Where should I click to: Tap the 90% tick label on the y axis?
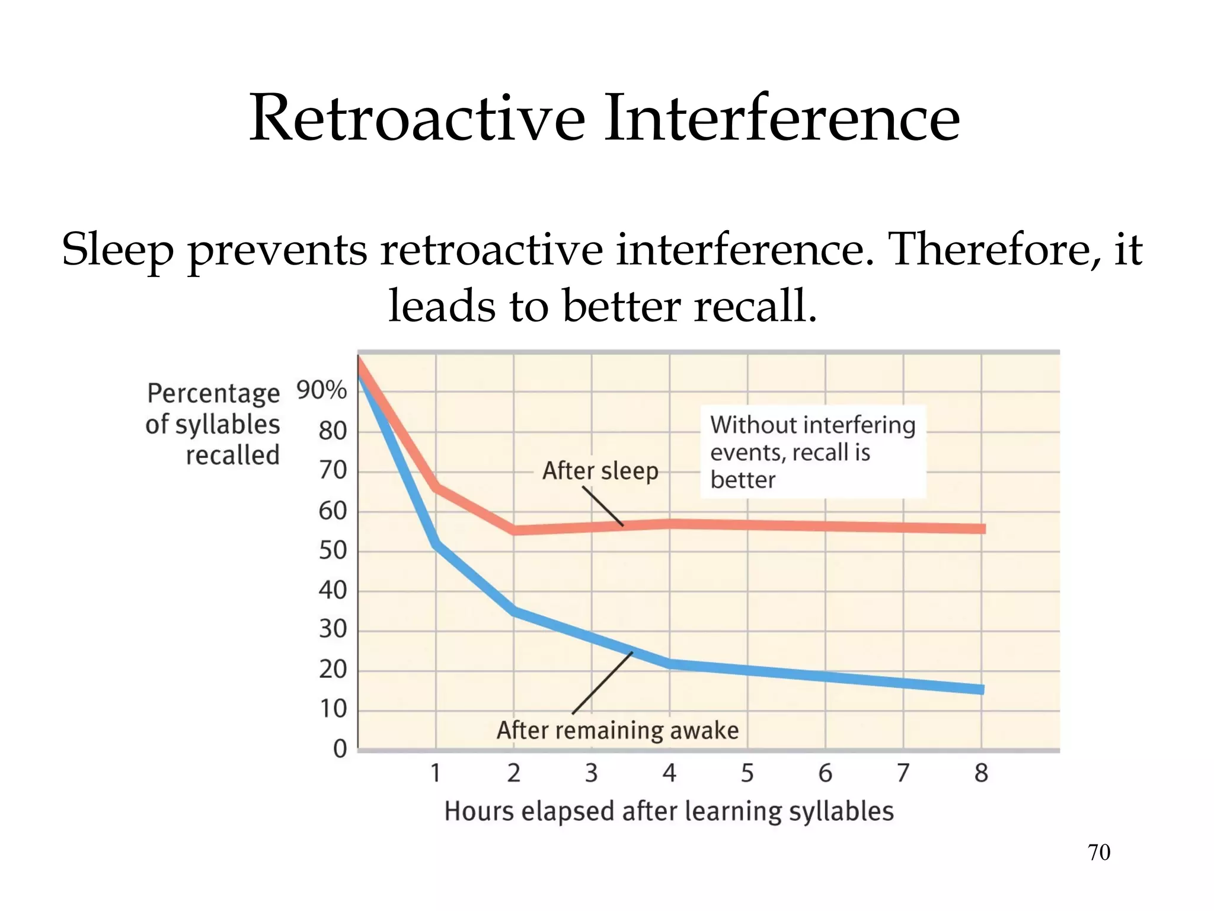click(321, 390)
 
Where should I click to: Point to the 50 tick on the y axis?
click(333, 550)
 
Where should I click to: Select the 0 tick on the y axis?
click(340, 748)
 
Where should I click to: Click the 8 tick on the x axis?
click(981, 773)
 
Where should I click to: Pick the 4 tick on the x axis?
click(669, 773)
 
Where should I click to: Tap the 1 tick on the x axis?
click(436, 773)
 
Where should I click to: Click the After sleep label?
click(600, 471)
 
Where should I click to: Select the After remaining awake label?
click(618, 730)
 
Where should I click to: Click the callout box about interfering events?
click(813, 452)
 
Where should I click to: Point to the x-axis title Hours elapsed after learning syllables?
click(669, 811)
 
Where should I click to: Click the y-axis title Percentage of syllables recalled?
click(213, 424)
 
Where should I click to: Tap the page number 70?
click(1098, 852)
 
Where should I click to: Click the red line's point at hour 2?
click(514, 530)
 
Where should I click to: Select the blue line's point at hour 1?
click(436, 543)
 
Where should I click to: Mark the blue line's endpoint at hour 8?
click(981, 689)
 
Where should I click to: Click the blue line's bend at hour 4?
click(670, 664)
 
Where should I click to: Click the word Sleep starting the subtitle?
click(117, 250)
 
